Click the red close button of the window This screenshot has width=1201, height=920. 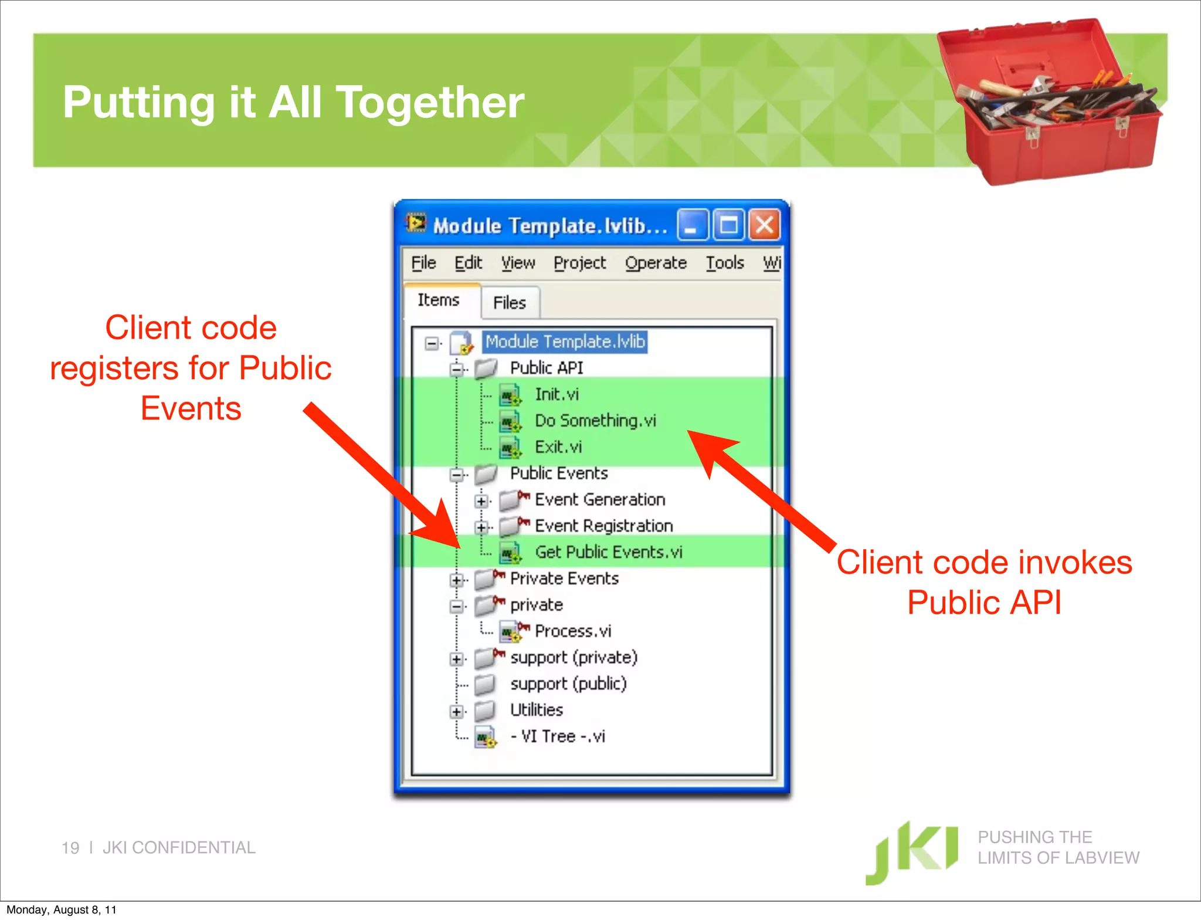(764, 225)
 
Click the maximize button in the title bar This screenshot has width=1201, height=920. (728, 225)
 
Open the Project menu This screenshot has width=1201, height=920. (579, 263)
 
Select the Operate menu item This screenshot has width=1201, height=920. (655, 263)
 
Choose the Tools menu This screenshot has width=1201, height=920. (724, 263)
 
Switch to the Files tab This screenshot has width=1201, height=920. (509, 303)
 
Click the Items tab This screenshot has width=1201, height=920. (438, 300)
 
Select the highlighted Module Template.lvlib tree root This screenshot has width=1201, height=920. (565, 341)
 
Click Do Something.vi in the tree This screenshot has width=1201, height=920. (595, 421)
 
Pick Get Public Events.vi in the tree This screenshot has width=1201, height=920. (608, 552)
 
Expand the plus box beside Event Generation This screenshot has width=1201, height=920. (481, 501)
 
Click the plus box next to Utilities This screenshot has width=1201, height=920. (456, 712)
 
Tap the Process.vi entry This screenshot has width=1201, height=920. (572, 631)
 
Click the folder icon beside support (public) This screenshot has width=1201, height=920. (484, 684)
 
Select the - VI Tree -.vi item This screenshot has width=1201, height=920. (557, 736)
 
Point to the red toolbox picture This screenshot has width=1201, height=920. (1050, 103)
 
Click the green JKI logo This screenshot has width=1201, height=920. (912, 851)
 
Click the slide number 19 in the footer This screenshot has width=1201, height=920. (70, 848)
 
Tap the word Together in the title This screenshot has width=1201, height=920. (430, 103)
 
